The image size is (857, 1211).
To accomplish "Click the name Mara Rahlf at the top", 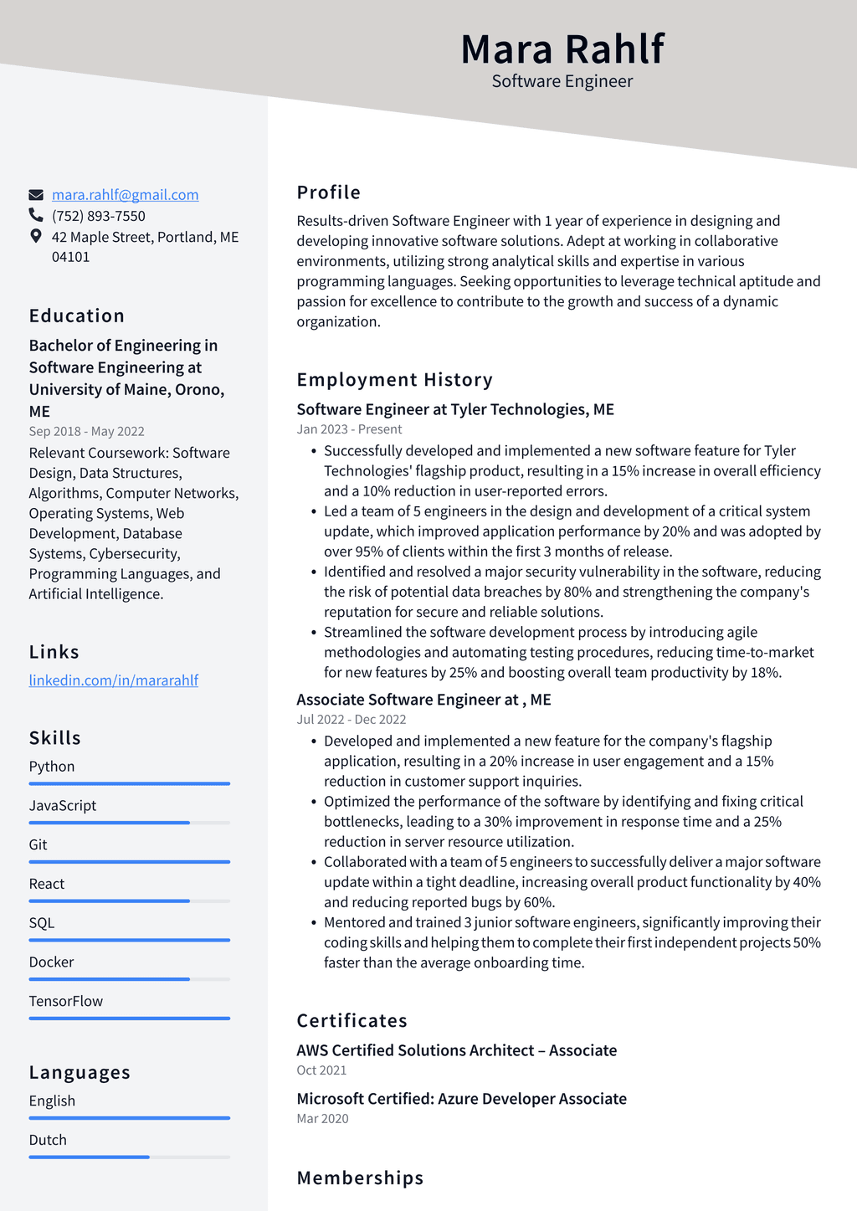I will click(x=562, y=49).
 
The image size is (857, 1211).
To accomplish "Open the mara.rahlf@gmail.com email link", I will click(x=125, y=195).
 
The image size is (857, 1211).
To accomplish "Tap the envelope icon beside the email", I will click(x=36, y=195).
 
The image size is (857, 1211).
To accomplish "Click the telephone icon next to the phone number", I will click(x=36, y=215).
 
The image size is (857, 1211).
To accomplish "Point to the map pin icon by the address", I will click(x=36, y=236).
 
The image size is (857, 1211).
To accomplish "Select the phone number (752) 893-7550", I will click(x=98, y=216).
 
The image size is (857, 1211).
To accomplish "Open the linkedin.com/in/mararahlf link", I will click(x=113, y=680).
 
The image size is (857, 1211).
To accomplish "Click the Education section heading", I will click(x=76, y=316).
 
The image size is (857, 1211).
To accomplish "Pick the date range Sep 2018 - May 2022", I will click(x=86, y=431).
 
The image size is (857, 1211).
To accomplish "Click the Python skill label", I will click(x=52, y=767).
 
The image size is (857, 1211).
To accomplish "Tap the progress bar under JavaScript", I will click(x=129, y=823).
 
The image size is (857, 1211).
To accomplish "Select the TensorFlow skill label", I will click(x=66, y=1001).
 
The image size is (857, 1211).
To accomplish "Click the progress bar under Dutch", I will click(x=129, y=1157).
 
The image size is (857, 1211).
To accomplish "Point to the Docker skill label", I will click(x=51, y=962).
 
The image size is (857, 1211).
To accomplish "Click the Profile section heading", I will click(x=328, y=192).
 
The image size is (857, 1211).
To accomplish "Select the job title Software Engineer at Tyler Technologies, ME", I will click(x=455, y=409).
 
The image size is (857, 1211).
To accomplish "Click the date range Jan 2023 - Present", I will click(x=349, y=429).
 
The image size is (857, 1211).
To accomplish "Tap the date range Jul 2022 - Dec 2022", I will click(x=351, y=720).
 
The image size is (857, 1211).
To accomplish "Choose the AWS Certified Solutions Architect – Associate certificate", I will click(x=456, y=1050).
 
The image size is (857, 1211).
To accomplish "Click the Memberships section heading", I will click(x=360, y=1178).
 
